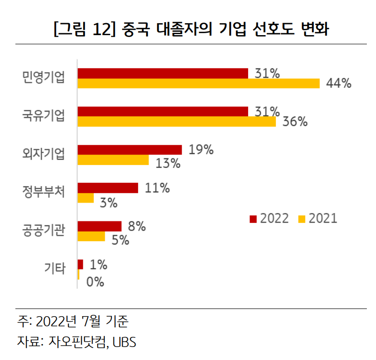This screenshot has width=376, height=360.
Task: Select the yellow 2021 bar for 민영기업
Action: [198, 83]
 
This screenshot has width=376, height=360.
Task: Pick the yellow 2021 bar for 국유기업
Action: [176, 121]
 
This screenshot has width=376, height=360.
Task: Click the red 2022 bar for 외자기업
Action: [129, 150]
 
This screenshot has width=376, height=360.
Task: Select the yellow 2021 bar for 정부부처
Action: [86, 198]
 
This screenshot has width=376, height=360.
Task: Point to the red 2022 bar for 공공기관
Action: [100, 226]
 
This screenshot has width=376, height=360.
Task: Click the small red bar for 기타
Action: [80, 264]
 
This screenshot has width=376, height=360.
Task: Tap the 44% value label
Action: [338, 83]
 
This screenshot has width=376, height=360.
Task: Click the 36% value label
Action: [294, 121]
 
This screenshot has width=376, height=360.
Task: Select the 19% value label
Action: [201, 150]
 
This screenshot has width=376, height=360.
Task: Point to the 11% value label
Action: [157, 188]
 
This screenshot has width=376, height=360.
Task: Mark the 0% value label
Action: [95, 282]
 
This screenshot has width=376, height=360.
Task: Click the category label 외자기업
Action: [43, 154]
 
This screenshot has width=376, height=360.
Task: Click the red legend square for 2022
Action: [253, 219]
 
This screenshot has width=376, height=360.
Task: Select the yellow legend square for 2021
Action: [301, 219]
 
